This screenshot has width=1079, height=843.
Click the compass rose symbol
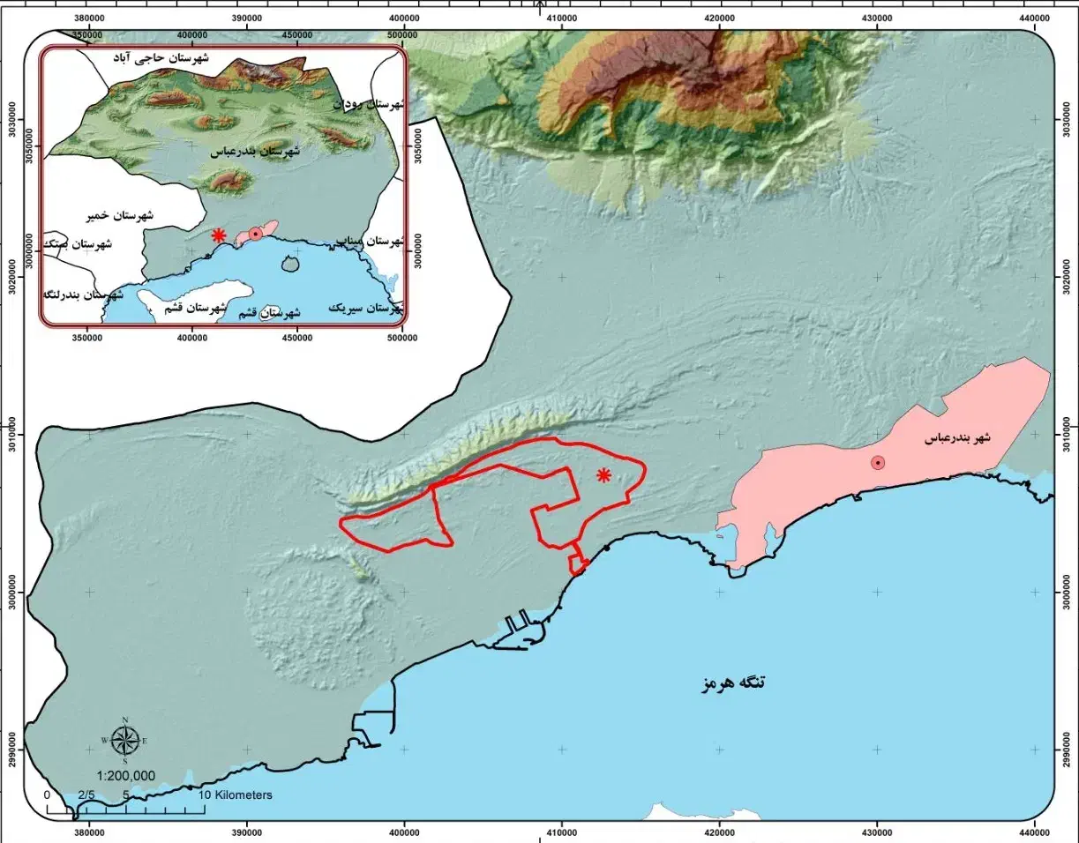coord(125,740)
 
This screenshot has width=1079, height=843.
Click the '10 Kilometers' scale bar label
coord(235,795)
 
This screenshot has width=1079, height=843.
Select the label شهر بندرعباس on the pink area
coord(957,438)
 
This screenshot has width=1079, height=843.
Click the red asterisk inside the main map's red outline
coord(603,476)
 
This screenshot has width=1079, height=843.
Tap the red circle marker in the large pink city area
coord(878,463)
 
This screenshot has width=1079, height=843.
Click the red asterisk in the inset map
coord(218,235)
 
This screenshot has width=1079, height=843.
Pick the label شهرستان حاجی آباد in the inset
coord(161,58)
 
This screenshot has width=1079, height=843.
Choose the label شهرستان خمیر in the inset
coord(121,215)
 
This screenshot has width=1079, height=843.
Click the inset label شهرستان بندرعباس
coord(255,153)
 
